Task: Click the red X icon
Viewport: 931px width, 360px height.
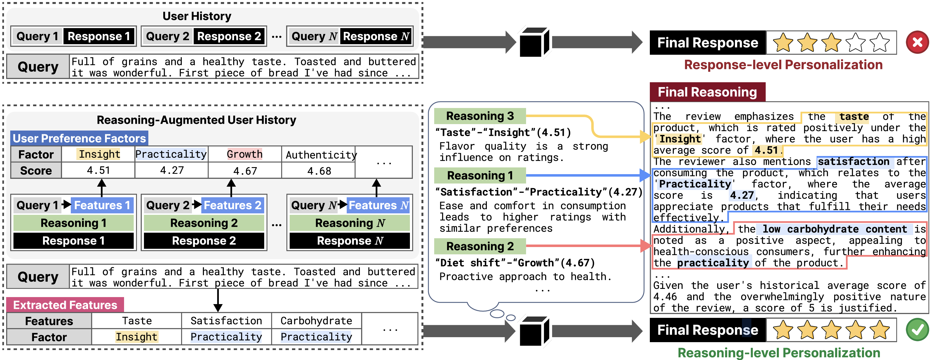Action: (917, 42)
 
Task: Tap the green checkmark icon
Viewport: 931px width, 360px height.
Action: (917, 330)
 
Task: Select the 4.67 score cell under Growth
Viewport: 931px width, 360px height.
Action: (245, 171)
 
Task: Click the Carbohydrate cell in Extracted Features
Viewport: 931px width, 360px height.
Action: (316, 320)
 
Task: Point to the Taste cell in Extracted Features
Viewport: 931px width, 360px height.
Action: (137, 320)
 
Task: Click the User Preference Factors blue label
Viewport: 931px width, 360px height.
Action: (79, 138)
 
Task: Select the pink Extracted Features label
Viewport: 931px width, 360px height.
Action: (65, 305)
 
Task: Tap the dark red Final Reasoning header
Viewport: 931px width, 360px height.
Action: (707, 92)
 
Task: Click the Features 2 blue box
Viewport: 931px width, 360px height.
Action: (232, 205)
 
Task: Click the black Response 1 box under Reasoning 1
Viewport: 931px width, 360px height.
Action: (73, 241)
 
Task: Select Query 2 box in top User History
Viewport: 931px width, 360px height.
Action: (167, 36)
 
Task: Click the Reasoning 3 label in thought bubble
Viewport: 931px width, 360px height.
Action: (480, 116)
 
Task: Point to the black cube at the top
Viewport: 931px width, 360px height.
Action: (534, 43)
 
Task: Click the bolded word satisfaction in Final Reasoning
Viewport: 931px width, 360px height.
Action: (853, 162)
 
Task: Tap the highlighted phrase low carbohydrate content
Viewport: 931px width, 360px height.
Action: (834, 229)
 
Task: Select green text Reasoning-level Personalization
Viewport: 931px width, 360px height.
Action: (779, 352)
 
